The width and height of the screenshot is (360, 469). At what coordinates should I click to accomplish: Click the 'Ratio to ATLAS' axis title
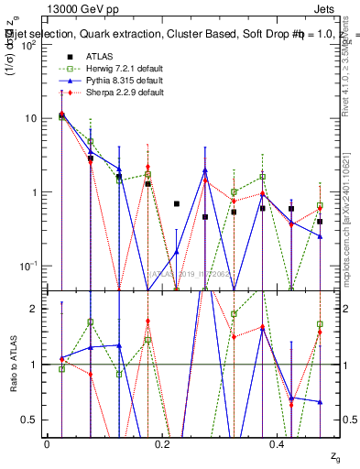point(12,365)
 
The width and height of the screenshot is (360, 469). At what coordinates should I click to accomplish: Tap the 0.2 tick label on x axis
point(162,444)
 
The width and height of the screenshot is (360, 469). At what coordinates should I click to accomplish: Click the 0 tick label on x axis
point(47,444)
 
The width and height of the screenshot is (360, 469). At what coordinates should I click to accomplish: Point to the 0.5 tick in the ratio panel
point(34,420)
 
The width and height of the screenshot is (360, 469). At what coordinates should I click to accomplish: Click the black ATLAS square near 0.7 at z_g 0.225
point(177,203)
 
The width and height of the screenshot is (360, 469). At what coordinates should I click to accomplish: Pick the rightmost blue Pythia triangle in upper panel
point(320,236)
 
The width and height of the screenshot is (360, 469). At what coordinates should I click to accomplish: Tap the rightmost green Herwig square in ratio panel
point(320,324)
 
